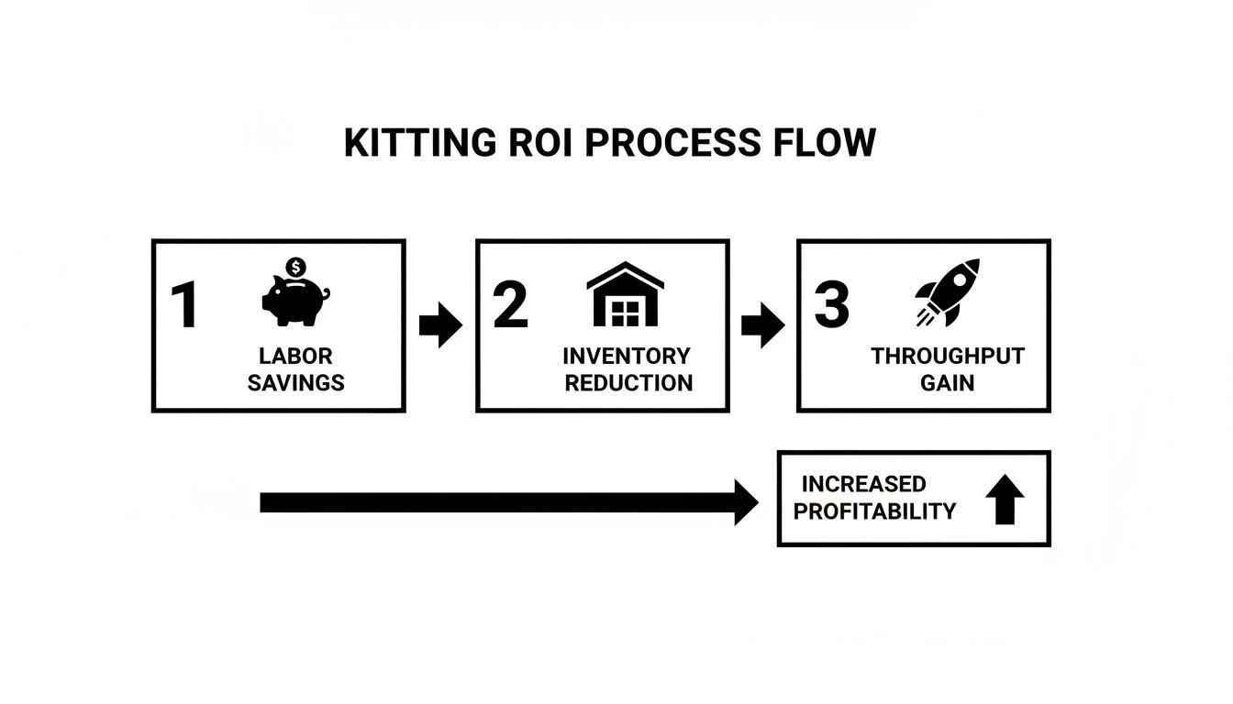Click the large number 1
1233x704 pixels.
coord(184,306)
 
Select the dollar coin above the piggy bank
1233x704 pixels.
coord(295,267)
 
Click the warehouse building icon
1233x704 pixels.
coord(625,295)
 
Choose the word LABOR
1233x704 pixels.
coord(295,356)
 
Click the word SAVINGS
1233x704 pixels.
coord(295,383)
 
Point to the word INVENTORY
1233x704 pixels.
coord(626,356)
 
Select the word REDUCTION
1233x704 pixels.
coord(628,383)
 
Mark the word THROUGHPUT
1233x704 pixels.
coord(947,356)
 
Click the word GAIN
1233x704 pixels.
coord(947,383)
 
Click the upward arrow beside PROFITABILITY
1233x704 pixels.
coord(1005,500)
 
